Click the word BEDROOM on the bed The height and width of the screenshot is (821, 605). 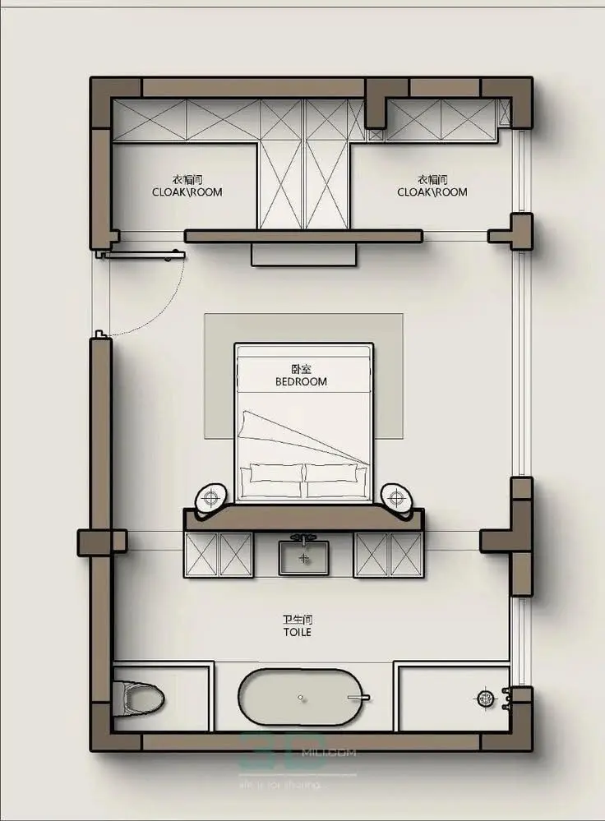coord(301,381)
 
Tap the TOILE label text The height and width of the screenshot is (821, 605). coord(298,633)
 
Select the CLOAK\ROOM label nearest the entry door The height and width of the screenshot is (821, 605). coord(187,192)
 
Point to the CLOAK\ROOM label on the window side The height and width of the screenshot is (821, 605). coord(432,192)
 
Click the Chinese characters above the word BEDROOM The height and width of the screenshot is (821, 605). coord(301,369)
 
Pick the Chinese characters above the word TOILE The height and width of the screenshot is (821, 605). coord(298,620)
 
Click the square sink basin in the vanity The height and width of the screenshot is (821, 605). coord(304,558)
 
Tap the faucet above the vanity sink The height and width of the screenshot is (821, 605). coord(304,538)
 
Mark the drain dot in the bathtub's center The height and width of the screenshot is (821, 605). coord(301,698)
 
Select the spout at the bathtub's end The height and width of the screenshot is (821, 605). coord(358,699)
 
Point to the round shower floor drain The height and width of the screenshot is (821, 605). coord(484,699)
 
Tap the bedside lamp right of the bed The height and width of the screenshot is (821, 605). coord(395,497)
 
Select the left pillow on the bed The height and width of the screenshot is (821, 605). coord(272,473)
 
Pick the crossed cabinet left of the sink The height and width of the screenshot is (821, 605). coord(219,555)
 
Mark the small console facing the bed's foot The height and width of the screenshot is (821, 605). coord(304,254)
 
